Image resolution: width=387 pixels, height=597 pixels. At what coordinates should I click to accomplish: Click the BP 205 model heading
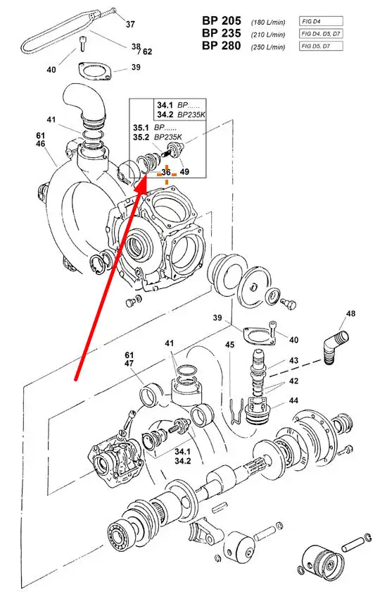pyautogui.click(x=221, y=21)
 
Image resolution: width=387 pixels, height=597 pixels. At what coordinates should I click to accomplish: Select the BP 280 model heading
pyautogui.click(x=221, y=46)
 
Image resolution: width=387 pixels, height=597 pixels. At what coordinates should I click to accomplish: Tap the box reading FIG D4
pyautogui.click(x=320, y=21)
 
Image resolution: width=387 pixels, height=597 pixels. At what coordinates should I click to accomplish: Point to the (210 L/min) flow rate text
pyautogui.click(x=267, y=35)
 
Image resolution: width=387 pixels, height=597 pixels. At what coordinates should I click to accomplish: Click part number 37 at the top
pyautogui.click(x=130, y=24)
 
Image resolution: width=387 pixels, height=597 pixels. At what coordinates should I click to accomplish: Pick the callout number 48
pyautogui.click(x=350, y=314)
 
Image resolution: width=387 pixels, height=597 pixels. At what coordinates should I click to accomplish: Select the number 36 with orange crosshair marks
pyautogui.click(x=166, y=172)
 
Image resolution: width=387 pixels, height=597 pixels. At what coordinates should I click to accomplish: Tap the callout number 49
pyautogui.click(x=184, y=172)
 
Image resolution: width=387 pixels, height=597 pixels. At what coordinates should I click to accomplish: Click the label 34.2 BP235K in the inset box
pyautogui.click(x=181, y=114)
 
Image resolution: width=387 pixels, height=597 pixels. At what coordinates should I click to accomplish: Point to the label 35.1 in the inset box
pyautogui.click(x=141, y=128)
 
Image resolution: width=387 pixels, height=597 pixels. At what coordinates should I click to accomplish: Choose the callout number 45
pyautogui.click(x=229, y=345)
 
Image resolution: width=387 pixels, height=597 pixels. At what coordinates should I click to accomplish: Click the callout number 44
pyautogui.click(x=293, y=400)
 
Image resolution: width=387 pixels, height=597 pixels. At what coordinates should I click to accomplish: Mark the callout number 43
pyautogui.click(x=293, y=360)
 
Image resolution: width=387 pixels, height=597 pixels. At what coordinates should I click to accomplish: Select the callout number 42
pyautogui.click(x=293, y=381)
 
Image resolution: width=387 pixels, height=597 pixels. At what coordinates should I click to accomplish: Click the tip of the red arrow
pyautogui.click(x=146, y=178)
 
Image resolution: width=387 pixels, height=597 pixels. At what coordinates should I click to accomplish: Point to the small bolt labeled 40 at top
pyautogui.click(x=82, y=43)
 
